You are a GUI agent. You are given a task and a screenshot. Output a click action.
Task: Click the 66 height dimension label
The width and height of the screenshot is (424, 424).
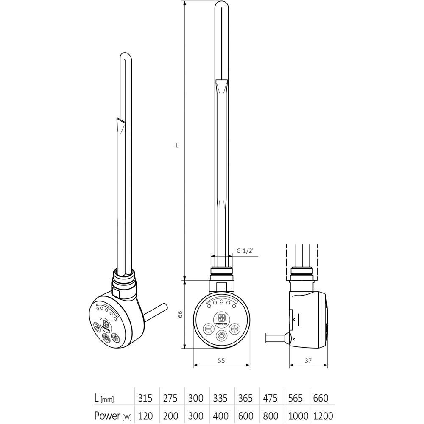coord(179,314)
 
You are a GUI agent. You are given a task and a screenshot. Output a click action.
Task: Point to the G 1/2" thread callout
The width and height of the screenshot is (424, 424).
coord(245,251)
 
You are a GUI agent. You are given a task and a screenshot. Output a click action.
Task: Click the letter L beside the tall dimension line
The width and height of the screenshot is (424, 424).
coord(177,145)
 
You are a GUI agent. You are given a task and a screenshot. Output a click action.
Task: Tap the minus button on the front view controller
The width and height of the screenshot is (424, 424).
coord(208,329)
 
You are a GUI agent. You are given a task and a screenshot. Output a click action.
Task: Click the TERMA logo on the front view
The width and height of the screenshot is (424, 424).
coord(221,318)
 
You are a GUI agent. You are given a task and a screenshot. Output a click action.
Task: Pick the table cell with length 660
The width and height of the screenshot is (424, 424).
coord(321,398)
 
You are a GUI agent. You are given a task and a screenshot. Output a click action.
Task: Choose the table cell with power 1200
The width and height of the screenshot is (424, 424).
coord(322,416)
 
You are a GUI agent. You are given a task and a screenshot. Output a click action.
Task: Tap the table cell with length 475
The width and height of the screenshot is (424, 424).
coord(271,398)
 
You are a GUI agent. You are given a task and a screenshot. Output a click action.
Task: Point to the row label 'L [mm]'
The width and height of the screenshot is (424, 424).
coord(104,398)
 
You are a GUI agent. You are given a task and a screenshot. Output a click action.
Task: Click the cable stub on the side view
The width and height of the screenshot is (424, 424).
coord(276,338)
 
